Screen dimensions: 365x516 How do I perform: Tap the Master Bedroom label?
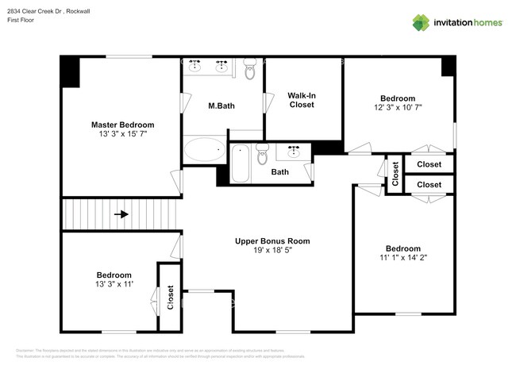point(122,125)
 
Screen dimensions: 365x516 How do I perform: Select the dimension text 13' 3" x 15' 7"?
point(122,135)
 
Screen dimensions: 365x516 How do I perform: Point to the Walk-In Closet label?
point(302,100)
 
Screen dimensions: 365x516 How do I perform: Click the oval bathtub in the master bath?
point(205,150)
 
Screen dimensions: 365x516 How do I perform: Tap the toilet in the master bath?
point(250,71)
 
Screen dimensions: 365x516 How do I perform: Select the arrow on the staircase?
point(121,214)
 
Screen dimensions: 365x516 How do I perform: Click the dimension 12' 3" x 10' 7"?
point(398,109)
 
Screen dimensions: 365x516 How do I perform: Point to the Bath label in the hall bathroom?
point(280,172)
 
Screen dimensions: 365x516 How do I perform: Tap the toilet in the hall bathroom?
point(263,156)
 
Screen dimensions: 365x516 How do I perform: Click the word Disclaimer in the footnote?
point(28,350)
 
